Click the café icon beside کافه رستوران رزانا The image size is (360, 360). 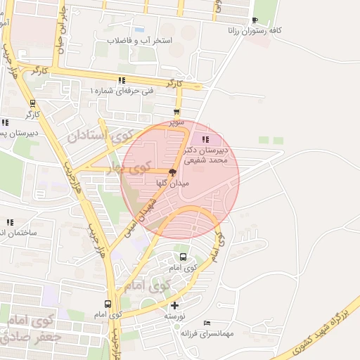(x=254, y=20)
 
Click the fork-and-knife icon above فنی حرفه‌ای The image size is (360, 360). (x=122, y=80)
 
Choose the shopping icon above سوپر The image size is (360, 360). (x=176, y=112)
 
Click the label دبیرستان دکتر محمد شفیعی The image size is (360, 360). (x=207, y=155)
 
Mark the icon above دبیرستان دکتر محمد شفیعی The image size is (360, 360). (x=205, y=139)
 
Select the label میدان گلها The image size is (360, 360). (x=172, y=182)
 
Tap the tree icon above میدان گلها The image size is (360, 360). (x=172, y=171)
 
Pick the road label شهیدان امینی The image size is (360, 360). (x=140, y=215)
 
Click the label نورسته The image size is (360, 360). (x=174, y=316)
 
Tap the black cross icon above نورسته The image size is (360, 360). (x=175, y=305)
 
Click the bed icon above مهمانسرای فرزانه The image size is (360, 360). (x=206, y=323)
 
